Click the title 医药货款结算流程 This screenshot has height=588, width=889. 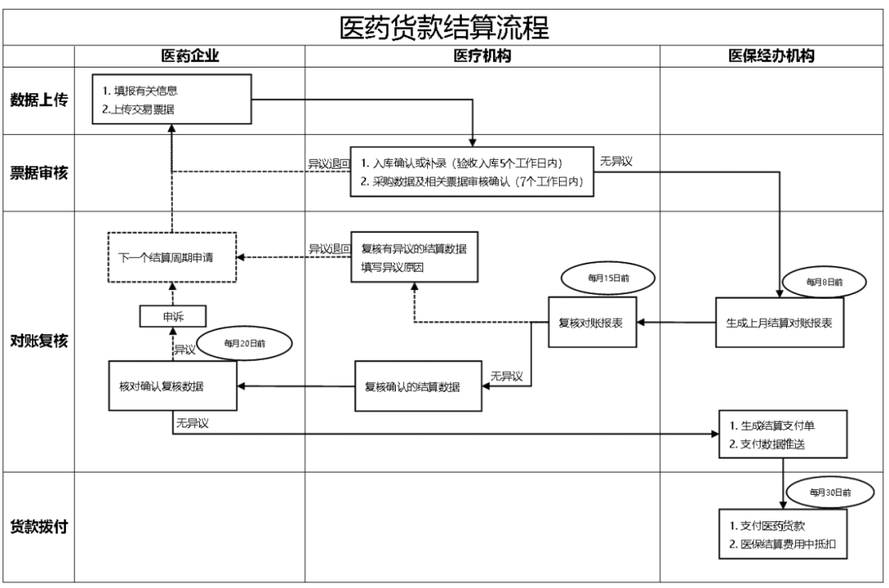click(x=444, y=26)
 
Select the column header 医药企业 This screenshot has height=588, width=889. click(x=190, y=56)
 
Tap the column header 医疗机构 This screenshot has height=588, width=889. click(x=482, y=56)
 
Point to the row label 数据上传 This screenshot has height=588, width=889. click(x=39, y=100)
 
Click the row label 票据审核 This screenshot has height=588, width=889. click(x=39, y=174)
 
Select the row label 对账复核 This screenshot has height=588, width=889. click(x=39, y=342)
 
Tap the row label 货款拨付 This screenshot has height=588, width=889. click(x=39, y=526)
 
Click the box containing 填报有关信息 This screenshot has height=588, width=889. click(x=171, y=100)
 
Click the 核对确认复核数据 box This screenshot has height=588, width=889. click(x=173, y=385)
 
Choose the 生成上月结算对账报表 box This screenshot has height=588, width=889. click(x=778, y=323)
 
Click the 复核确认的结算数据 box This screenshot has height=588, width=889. click(x=418, y=386)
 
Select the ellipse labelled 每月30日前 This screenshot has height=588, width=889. click(x=829, y=492)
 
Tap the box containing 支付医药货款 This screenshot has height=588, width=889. click(x=783, y=534)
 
